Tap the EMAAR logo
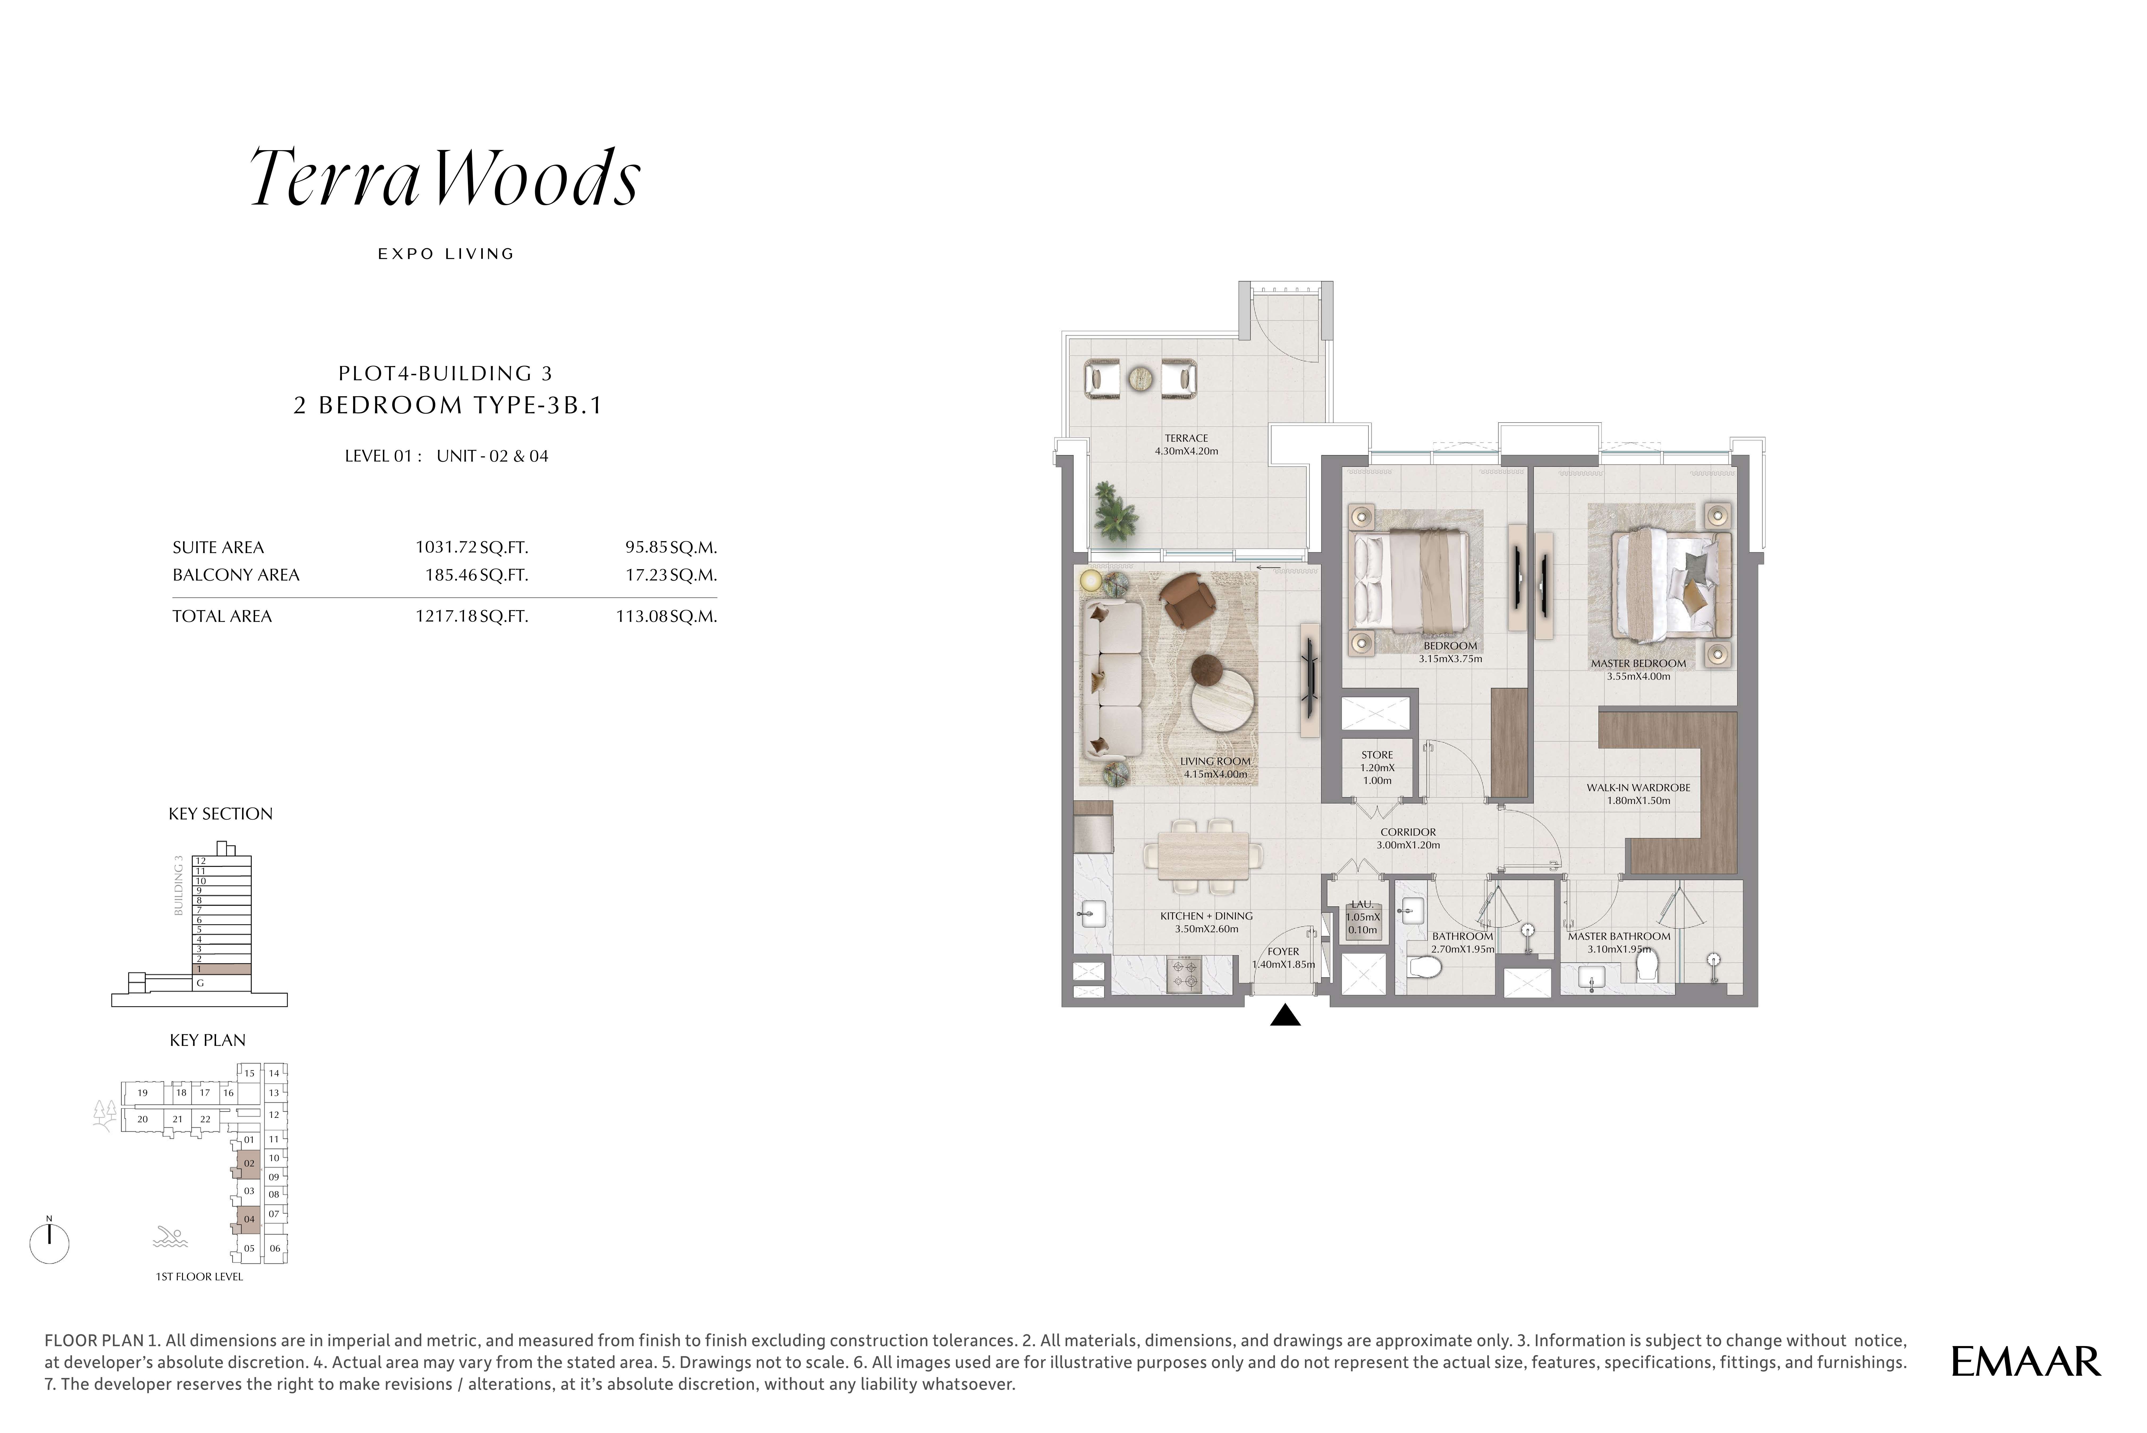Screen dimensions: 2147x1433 click(2026, 1362)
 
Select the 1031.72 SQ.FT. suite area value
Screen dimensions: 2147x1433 click(471, 547)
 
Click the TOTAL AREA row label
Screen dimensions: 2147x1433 click(222, 616)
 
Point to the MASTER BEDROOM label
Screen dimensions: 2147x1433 click(1638, 664)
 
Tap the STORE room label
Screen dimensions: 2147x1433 click(1377, 755)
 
